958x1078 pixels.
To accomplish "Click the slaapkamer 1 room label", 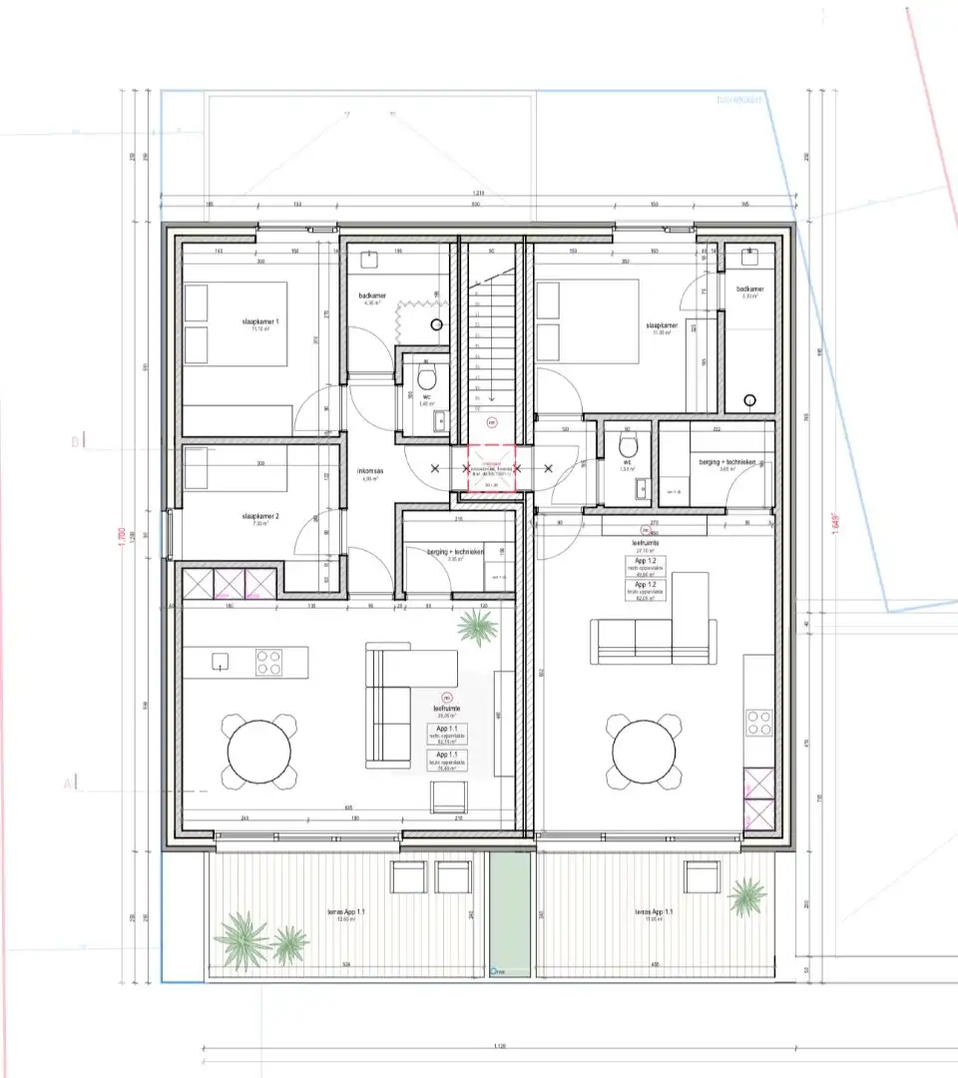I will click(260, 322).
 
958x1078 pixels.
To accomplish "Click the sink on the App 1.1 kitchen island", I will click(221, 661).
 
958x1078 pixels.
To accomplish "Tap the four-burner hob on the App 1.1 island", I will click(269, 662).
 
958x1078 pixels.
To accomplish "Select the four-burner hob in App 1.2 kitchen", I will click(758, 722).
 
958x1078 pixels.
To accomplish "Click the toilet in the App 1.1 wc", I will click(427, 380).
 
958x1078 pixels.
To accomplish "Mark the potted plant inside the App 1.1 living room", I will click(477, 627).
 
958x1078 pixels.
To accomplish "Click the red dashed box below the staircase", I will click(490, 469).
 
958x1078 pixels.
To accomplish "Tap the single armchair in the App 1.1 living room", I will click(450, 796).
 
